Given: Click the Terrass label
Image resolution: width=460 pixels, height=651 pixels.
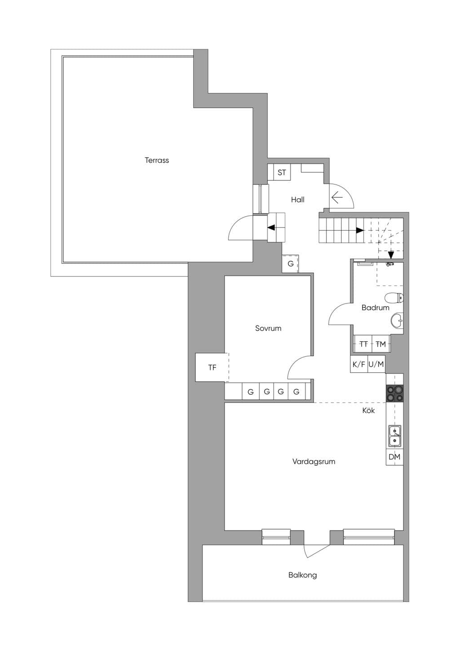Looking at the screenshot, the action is [157, 160].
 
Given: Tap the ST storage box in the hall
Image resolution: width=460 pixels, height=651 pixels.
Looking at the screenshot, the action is [282, 172].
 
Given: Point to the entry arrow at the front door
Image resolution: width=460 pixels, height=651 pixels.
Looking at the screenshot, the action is [337, 198].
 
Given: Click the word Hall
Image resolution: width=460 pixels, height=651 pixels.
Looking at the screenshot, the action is [298, 200].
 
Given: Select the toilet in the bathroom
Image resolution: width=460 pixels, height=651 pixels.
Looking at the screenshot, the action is [394, 298].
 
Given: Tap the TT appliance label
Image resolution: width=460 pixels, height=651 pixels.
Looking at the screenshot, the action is [363, 344].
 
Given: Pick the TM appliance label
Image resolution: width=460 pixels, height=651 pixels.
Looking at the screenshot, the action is [380, 344].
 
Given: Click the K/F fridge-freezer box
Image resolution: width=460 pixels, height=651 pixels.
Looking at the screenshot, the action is [359, 364].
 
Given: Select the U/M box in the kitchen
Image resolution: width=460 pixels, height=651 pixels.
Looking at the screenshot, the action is [376, 364].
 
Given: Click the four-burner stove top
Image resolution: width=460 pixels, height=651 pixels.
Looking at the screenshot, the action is [395, 393].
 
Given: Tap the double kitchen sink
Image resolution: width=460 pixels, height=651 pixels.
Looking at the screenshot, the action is [395, 436].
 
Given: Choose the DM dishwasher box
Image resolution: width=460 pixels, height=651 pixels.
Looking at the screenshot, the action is [395, 457].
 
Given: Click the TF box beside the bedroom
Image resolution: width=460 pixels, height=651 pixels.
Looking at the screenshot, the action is [212, 367].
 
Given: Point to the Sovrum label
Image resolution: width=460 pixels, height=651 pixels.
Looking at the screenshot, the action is [268, 328].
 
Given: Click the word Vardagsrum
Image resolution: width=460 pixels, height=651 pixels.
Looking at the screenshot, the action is [314, 462].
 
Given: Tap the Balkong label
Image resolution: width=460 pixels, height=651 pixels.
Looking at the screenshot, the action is [303, 575].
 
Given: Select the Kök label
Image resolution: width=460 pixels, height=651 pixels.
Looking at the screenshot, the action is [368, 410].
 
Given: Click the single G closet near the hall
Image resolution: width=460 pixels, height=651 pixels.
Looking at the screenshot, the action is [290, 263].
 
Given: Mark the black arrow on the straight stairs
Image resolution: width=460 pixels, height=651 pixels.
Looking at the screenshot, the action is [360, 230].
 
